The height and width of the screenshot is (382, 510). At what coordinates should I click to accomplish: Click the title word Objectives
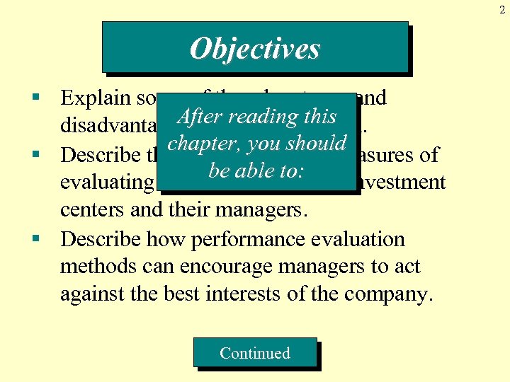click(255, 49)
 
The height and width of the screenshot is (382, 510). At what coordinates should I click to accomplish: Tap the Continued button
click(255, 353)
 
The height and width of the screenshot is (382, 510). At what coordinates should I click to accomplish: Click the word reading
click(261, 117)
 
